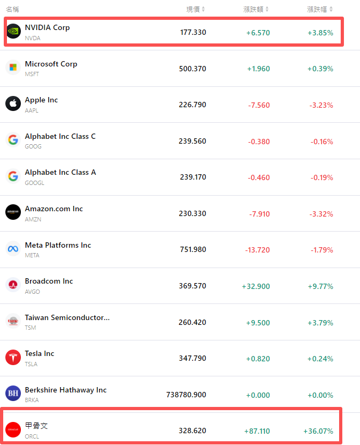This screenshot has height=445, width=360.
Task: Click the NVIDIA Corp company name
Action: pyautogui.click(x=47, y=27)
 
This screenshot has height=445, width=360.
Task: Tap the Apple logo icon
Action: pyautogui.click(x=13, y=103)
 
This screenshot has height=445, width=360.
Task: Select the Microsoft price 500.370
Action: pyautogui.click(x=192, y=69)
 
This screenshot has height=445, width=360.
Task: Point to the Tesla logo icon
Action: pyautogui.click(x=13, y=357)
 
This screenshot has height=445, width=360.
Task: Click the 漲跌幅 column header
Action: pyautogui.click(x=320, y=9)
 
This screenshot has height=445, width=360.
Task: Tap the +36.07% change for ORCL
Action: pyautogui.click(x=318, y=431)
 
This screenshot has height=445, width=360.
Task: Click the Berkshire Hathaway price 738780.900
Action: pyautogui.click(x=186, y=394)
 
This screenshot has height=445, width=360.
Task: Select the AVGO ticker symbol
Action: pyautogui.click(x=32, y=291)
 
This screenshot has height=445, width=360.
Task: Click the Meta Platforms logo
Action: pyautogui.click(x=13, y=249)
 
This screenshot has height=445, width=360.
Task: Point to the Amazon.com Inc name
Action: pyautogui.click(x=54, y=209)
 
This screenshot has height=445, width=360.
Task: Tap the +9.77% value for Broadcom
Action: pyautogui.click(x=320, y=286)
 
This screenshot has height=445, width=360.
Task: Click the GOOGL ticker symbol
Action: pyautogui.click(x=34, y=183)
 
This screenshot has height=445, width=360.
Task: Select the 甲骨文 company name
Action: pyautogui.click(x=36, y=425)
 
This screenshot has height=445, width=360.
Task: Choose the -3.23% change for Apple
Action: pyautogui.click(x=321, y=105)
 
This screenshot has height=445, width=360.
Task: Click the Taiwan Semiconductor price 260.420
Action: pyautogui.click(x=192, y=322)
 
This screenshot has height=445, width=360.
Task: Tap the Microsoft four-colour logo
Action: pyautogui.click(x=13, y=68)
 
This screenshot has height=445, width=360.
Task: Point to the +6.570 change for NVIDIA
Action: pyautogui.click(x=258, y=33)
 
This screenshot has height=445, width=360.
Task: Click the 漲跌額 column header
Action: pyautogui.click(x=256, y=9)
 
